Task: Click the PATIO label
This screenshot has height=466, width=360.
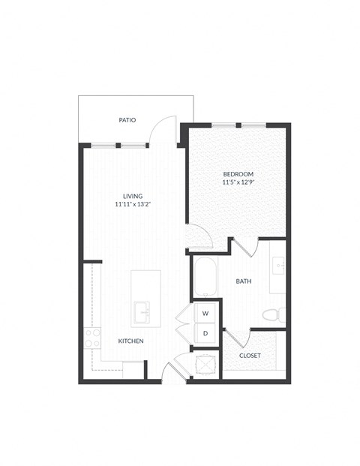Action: coord(127,119)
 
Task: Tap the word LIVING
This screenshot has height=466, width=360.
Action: coord(133,196)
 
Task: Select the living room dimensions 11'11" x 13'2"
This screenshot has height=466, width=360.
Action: coord(133,204)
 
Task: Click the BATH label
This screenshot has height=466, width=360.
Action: coord(244,281)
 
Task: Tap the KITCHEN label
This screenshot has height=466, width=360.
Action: coord(130,341)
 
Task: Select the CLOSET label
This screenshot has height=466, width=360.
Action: coord(250,355)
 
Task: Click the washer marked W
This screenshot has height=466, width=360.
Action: coord(205,311)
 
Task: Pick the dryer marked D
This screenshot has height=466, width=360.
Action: coord(205,332)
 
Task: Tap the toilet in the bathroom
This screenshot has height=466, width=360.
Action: coord(274,314)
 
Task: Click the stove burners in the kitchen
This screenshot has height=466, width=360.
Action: coord(92,338)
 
